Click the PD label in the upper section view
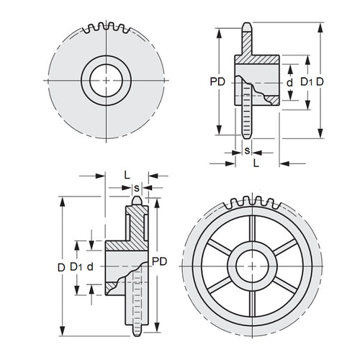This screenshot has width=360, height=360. pos(225,81)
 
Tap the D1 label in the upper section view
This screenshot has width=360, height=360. pos(306,82)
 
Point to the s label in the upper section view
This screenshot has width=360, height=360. pos(247,151)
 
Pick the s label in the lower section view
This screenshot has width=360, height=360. pos(136,188)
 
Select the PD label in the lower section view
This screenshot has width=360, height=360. pos(159,263)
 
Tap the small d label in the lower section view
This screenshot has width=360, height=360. pos(91,266)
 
